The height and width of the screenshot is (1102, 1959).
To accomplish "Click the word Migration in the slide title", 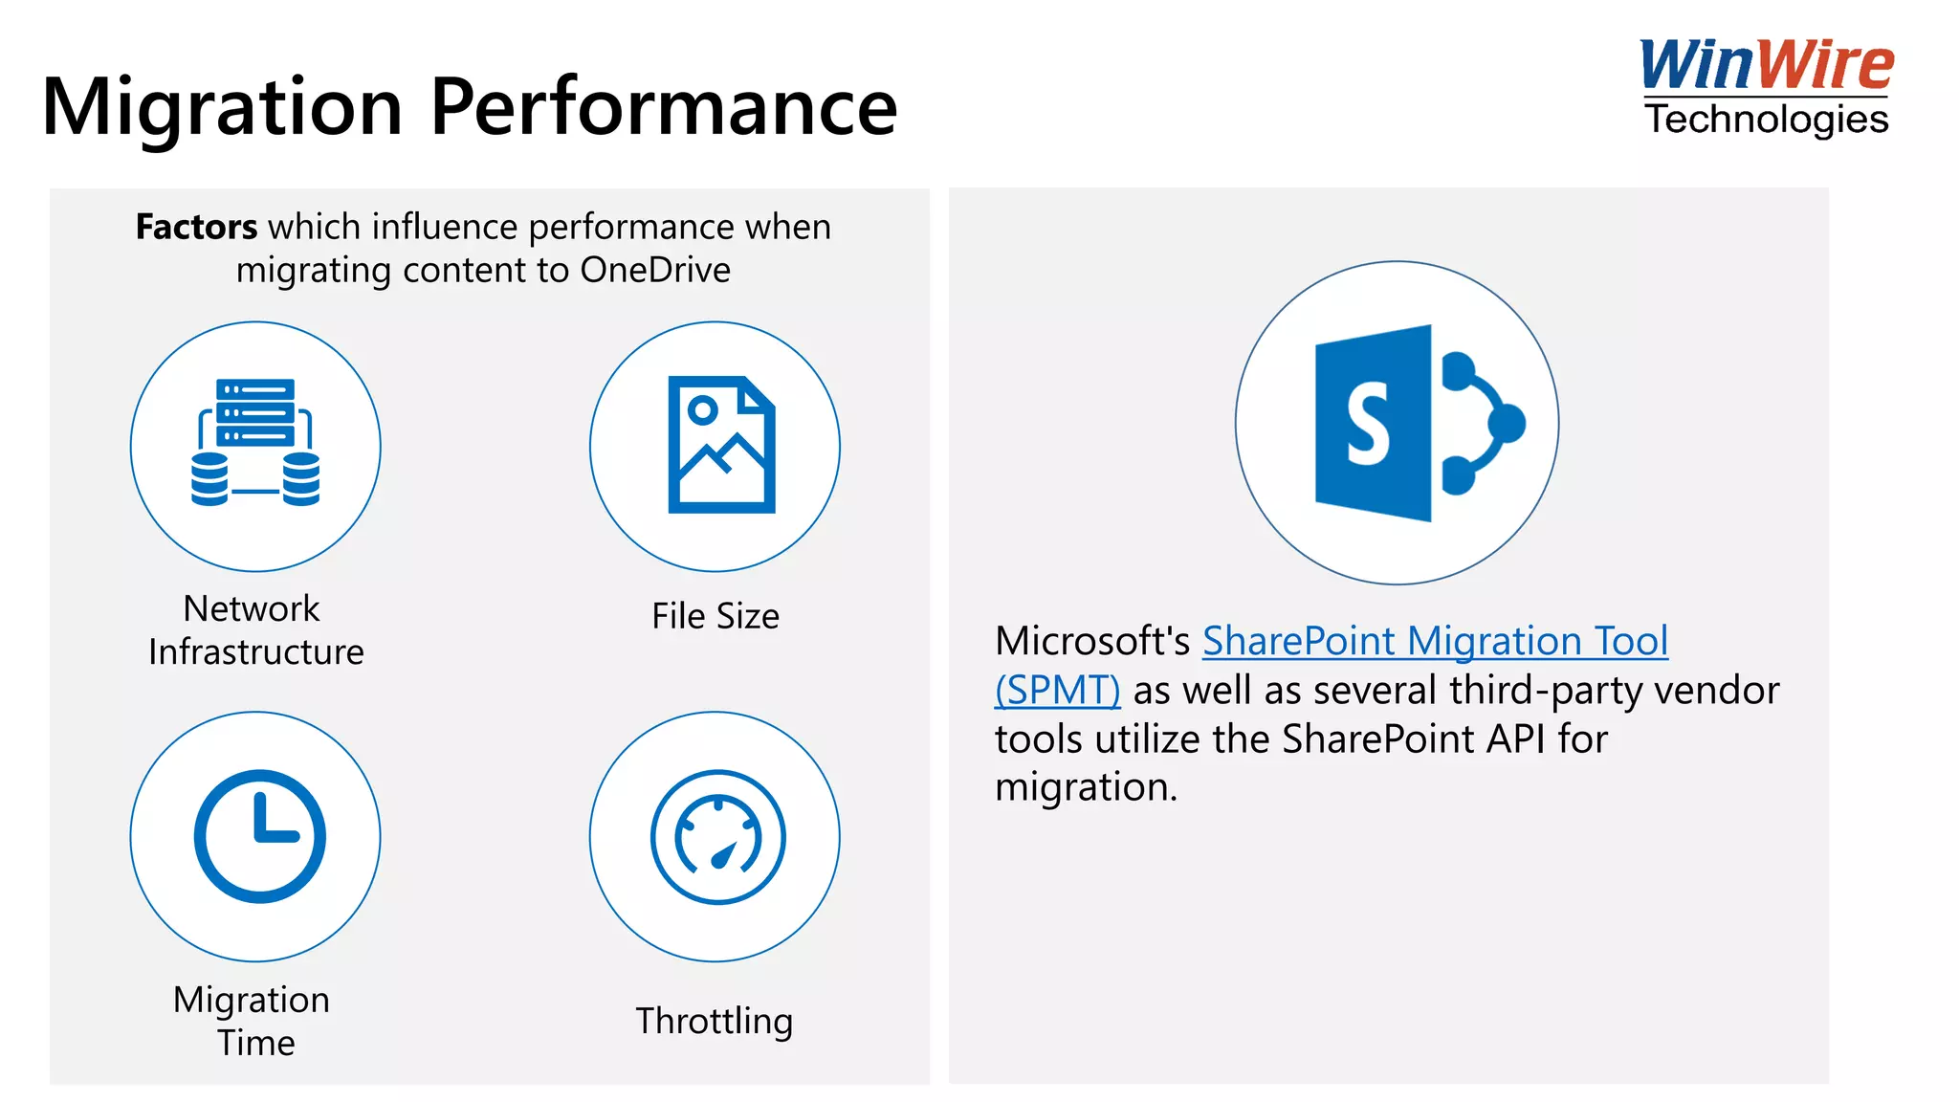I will pos(222,107).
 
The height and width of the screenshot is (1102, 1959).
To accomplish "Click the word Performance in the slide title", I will pos(664,107).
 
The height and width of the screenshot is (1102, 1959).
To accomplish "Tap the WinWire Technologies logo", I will pos(1766,88).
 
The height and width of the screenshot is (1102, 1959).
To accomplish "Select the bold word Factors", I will pos(196,228).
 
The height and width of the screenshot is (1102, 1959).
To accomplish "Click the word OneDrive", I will pos(655,271).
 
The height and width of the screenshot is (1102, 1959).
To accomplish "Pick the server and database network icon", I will pos(255,443).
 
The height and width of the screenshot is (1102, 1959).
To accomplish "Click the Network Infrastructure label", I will pos(255,630).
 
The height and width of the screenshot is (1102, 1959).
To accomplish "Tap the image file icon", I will pos(720,445).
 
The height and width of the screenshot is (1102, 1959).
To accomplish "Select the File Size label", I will pos(715,617).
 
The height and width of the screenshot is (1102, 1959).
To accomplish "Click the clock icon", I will pos(259,836).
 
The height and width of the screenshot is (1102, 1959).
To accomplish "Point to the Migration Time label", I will pos(253,1021).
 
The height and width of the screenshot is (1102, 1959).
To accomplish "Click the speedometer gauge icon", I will pos(717,837).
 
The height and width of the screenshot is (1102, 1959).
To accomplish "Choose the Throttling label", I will pos(715,1022).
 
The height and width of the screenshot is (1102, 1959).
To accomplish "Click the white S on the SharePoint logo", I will pos(1368,423).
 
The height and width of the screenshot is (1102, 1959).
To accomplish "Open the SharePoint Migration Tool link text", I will pos(1435,642).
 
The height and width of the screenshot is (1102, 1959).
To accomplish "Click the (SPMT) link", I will pos(1057,691).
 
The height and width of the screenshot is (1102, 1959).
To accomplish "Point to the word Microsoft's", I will pos(1092,642).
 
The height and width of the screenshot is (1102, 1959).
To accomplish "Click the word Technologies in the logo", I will pos(1766,121).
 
